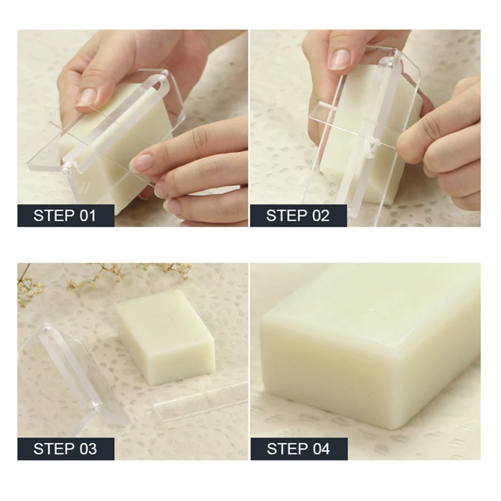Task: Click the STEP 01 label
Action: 66,216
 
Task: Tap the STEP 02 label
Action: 298,216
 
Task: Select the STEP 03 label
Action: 66,449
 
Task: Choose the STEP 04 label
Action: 299,449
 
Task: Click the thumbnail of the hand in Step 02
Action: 339,59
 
